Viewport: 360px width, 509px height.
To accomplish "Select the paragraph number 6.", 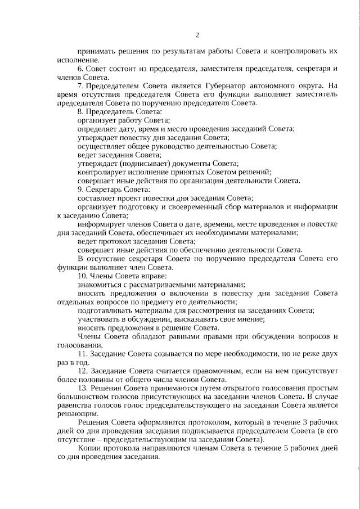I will coord(80,68).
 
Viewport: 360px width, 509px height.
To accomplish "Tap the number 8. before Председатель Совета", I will coord(80,112).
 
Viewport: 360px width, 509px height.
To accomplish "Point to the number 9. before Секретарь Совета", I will coord(80,189).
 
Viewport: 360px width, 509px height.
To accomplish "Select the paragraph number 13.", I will coord(82,388).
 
